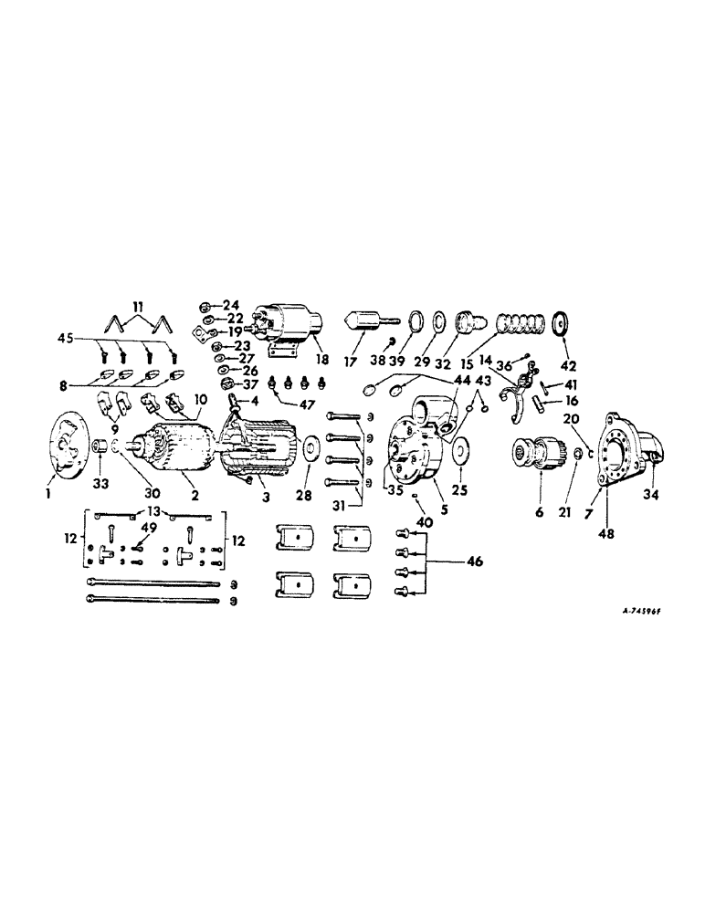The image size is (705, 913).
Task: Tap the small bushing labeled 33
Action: coord(100,450)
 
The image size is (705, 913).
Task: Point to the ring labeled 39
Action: coord(416,323)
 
